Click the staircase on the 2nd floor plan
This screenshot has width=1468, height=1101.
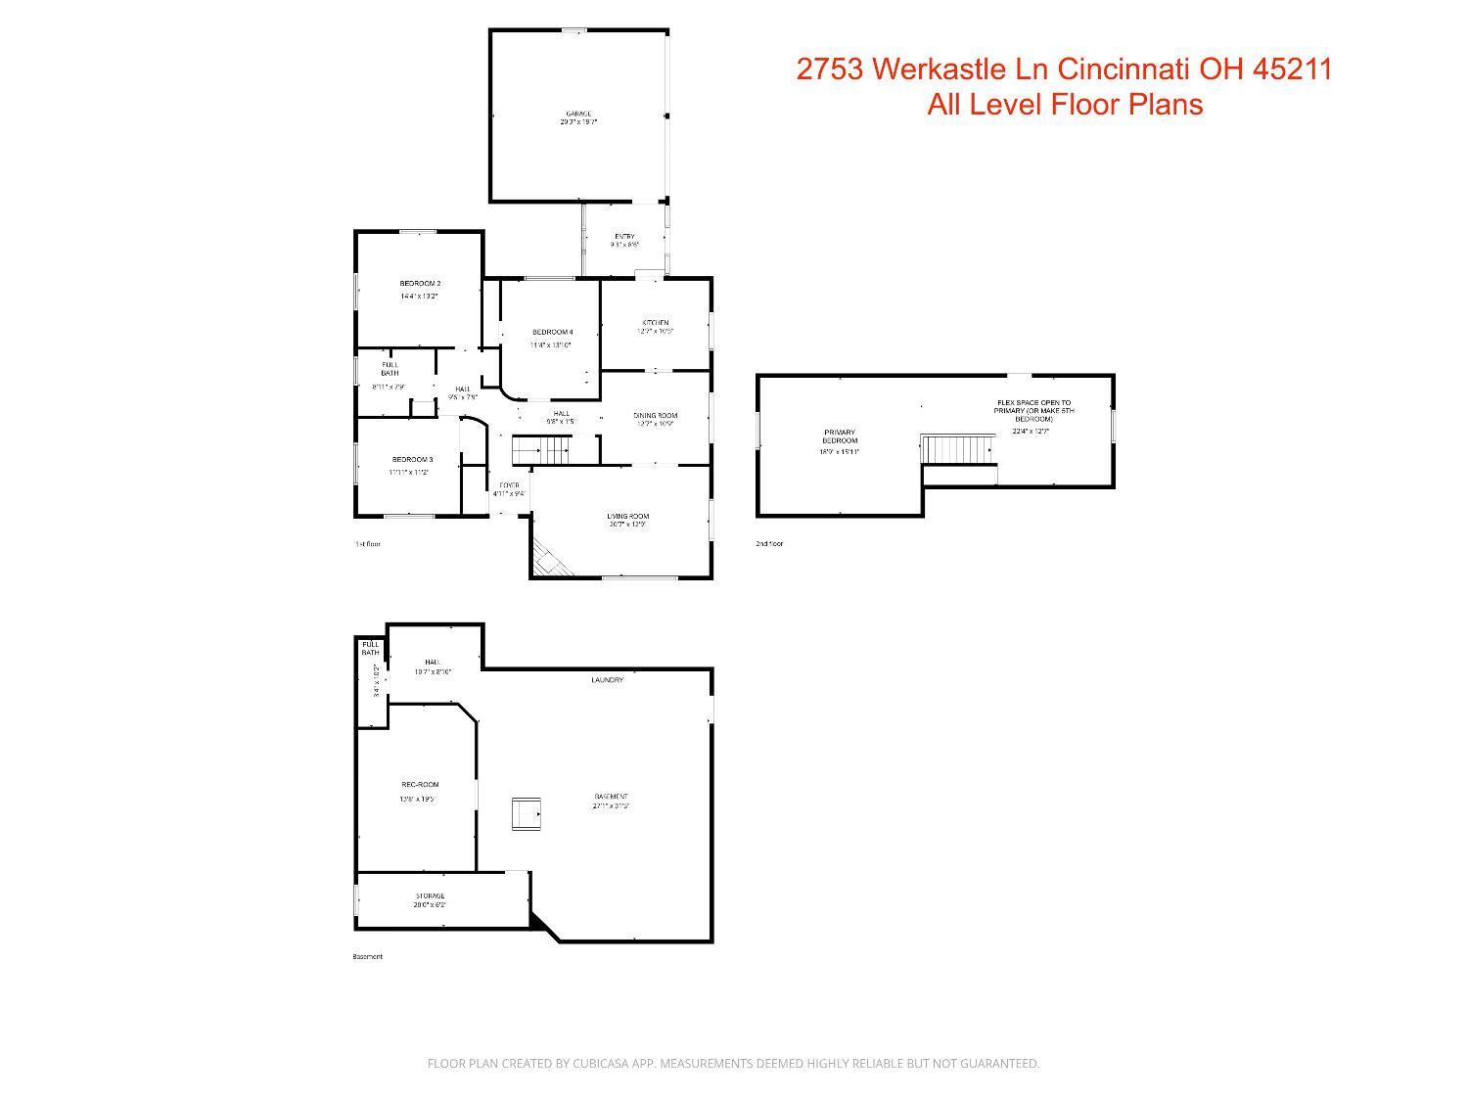pyautogui.click(x=959, y=449)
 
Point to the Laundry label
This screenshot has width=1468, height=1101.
pyautogui.click(x=607, y=680)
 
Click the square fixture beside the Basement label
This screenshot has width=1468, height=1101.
pyautogui.click(x=527, y=814)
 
